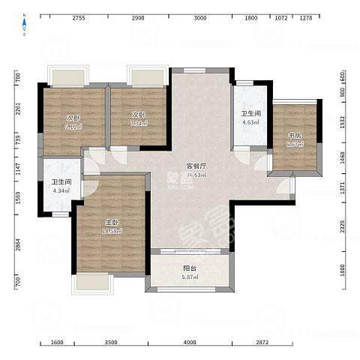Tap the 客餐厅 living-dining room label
point(196,166)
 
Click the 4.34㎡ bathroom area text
point(61,191)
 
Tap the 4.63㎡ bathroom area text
point(250,122)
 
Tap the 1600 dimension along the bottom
point(57,343)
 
